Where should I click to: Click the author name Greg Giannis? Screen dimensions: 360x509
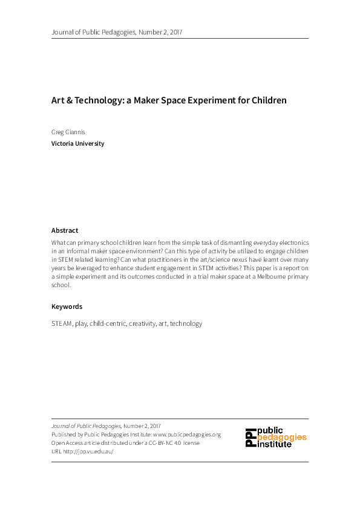[x=68, y=131]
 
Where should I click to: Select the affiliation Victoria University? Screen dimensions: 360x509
[x=78, y=144]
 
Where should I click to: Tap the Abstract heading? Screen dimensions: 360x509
[x=65, y=230]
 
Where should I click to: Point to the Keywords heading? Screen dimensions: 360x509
[x=67, y=306]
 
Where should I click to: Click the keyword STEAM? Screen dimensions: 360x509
[x=61, y=323]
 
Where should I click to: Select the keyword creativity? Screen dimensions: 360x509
[x=143, y=323]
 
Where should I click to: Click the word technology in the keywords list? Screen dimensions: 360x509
[x=186, y=323]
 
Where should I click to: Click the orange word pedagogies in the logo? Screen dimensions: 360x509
[x=282, y=437]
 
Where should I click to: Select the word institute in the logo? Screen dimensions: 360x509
[x=275, y=444]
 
